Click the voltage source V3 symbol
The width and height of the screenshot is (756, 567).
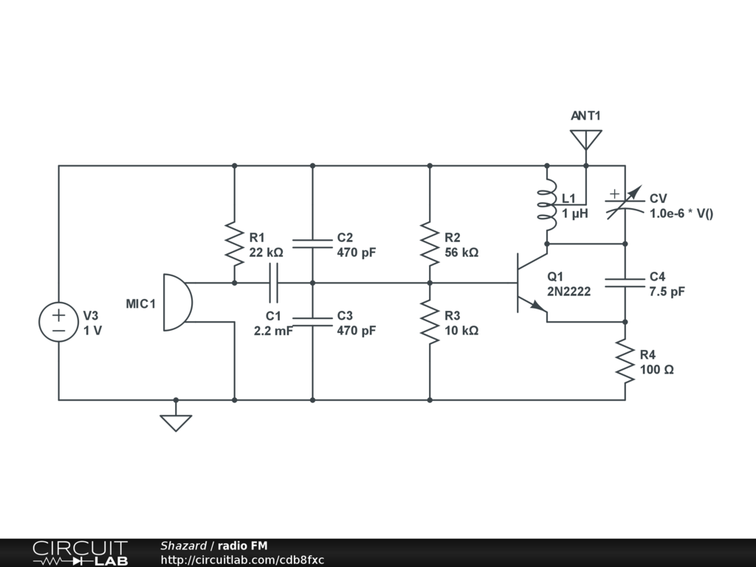tap(58, 322)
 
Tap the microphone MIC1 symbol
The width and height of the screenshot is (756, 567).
tap(177, 302)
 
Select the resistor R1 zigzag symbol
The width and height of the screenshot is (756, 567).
tap(234, 244)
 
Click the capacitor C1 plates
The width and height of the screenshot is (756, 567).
tap(273, 283)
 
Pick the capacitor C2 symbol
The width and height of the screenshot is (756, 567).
tap(312, 244)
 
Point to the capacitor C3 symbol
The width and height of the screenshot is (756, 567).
tap(312, 322)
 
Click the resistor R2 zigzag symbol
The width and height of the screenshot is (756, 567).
tap(430, 244)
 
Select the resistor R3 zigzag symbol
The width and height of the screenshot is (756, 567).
tap(430, 322)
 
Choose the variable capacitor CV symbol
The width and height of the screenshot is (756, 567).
tap(625, 204)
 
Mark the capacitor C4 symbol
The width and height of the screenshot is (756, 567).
tap(625, 283)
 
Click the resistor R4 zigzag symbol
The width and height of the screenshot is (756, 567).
tap(625, 361)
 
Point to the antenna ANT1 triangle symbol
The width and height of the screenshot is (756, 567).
tap(585, 140)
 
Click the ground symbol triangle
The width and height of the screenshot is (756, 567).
tap(176, 423)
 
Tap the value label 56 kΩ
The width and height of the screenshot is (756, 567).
tap(461, 252)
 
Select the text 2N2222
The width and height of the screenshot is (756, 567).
tap(569, 291)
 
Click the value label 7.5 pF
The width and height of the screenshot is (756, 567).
tap(667, 291)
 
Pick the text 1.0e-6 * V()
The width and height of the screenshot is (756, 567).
tap(681, 213)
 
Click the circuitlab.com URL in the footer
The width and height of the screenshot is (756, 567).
tap(242, 560)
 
